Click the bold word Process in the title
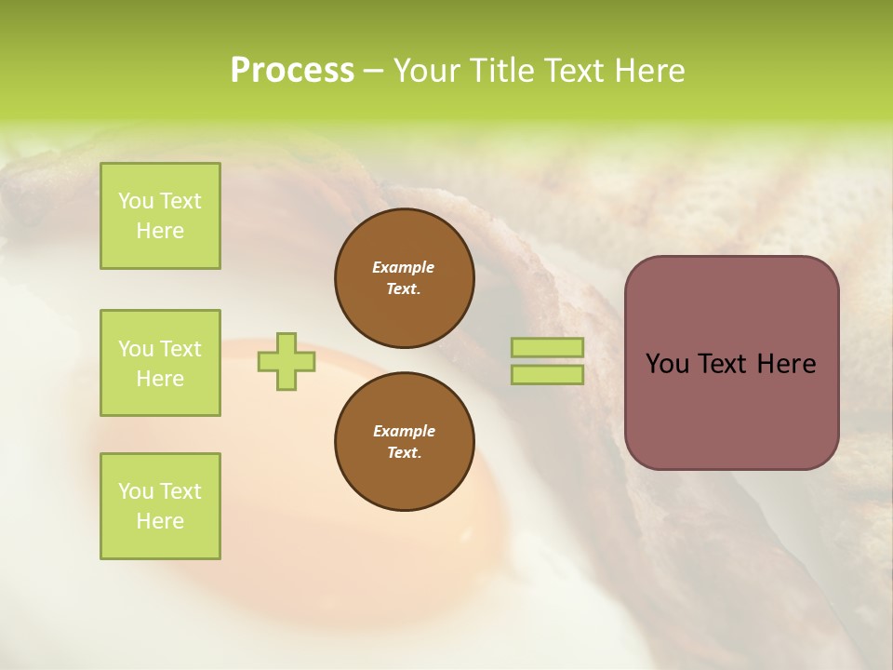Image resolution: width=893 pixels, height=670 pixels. [x=292, y=71]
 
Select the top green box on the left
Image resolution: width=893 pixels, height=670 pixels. [x=160, y=216]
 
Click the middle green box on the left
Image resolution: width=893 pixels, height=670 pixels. [x=160, y=363]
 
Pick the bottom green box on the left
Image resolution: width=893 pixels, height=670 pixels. [x=160, y=506]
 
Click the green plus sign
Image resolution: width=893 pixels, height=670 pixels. [x=287, y=361]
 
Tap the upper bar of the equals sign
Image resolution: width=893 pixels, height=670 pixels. [x=548, y=348]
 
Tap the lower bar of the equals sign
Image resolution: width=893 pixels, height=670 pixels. [x=548, y=374]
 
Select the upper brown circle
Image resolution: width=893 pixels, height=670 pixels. [x=404, y=277]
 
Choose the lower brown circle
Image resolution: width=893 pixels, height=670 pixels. [x=404, y=441]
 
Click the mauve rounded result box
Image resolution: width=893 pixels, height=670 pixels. [x=731, y=363]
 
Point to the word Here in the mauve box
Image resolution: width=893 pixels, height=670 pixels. [x=786, y=364]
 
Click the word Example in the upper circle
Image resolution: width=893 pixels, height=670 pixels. [x=404, y=267]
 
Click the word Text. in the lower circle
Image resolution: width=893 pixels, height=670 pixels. [x=404, y=453]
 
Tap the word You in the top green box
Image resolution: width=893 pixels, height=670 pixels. [x=136, y=201]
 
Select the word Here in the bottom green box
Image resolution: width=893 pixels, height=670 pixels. [x=160, y=521]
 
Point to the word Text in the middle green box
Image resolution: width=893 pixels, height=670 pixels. [x=180, y=349]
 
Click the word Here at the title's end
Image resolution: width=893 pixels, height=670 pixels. [x=651, y=71]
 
